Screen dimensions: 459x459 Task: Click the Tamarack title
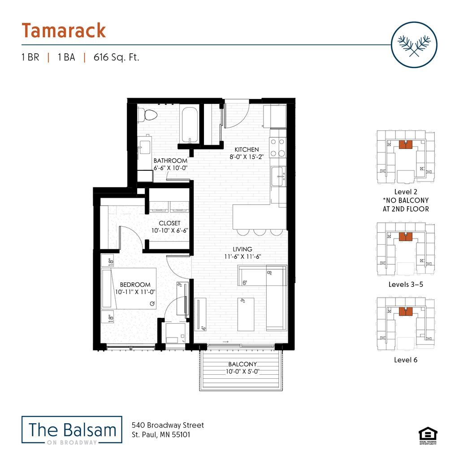click(x=64, y=30)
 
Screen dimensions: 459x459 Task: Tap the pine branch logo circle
click(x=414, y=44)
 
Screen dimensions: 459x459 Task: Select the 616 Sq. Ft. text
click(x=117, y=57)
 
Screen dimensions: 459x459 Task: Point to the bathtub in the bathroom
click(x=190, y=124)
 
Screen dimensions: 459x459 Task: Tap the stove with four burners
click(x=278, y=147)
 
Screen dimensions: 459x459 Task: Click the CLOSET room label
click(x=169, y=223)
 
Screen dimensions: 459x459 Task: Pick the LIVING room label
click(x=242, y=249)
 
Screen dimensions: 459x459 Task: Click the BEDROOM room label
click(x=135, y=285)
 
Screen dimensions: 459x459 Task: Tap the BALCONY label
click(x=242, y=364)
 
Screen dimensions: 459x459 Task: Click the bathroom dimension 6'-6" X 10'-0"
click(x=170, y=168)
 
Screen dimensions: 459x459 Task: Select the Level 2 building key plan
click(x=406, y=157)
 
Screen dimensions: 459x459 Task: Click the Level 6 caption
click(x=406, y=359)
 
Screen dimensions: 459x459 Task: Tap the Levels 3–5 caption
click(x=406, y=284)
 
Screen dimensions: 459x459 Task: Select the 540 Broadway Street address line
click(x=168, y=425)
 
